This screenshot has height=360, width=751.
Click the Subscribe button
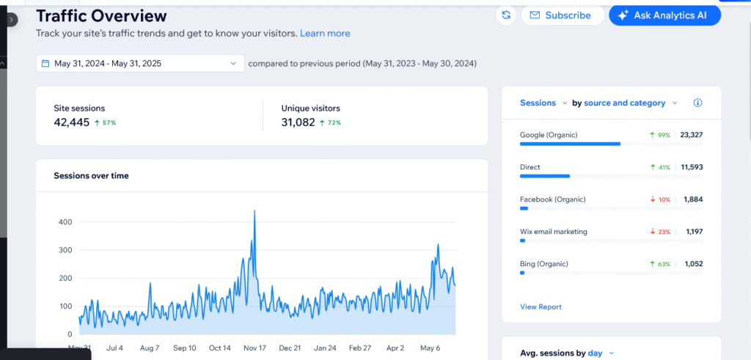coord(562,15)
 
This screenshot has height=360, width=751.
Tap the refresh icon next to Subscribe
coord(506,15)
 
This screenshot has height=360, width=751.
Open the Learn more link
coord(325,34)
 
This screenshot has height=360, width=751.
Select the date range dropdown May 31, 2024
coord(139,64)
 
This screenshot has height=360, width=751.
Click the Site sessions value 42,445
coord(71,122)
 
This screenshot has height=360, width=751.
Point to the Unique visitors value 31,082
coord(298,122)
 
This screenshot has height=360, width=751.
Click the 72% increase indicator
coord(331,122)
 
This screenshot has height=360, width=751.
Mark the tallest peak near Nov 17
coord(254,211)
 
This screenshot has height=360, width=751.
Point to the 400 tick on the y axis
coord(65,221)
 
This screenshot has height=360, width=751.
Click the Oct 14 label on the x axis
coord(220,348)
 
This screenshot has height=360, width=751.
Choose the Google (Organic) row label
coord(549,135)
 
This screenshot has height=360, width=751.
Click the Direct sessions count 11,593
coord(691,167)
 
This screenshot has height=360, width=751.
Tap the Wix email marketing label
coord(554,232)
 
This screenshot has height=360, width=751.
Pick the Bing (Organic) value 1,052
coord(693,264)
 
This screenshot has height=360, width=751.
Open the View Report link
coord(541,306)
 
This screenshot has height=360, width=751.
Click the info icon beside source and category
coord(697,103)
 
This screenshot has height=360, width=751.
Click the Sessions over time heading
coord(91,176)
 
